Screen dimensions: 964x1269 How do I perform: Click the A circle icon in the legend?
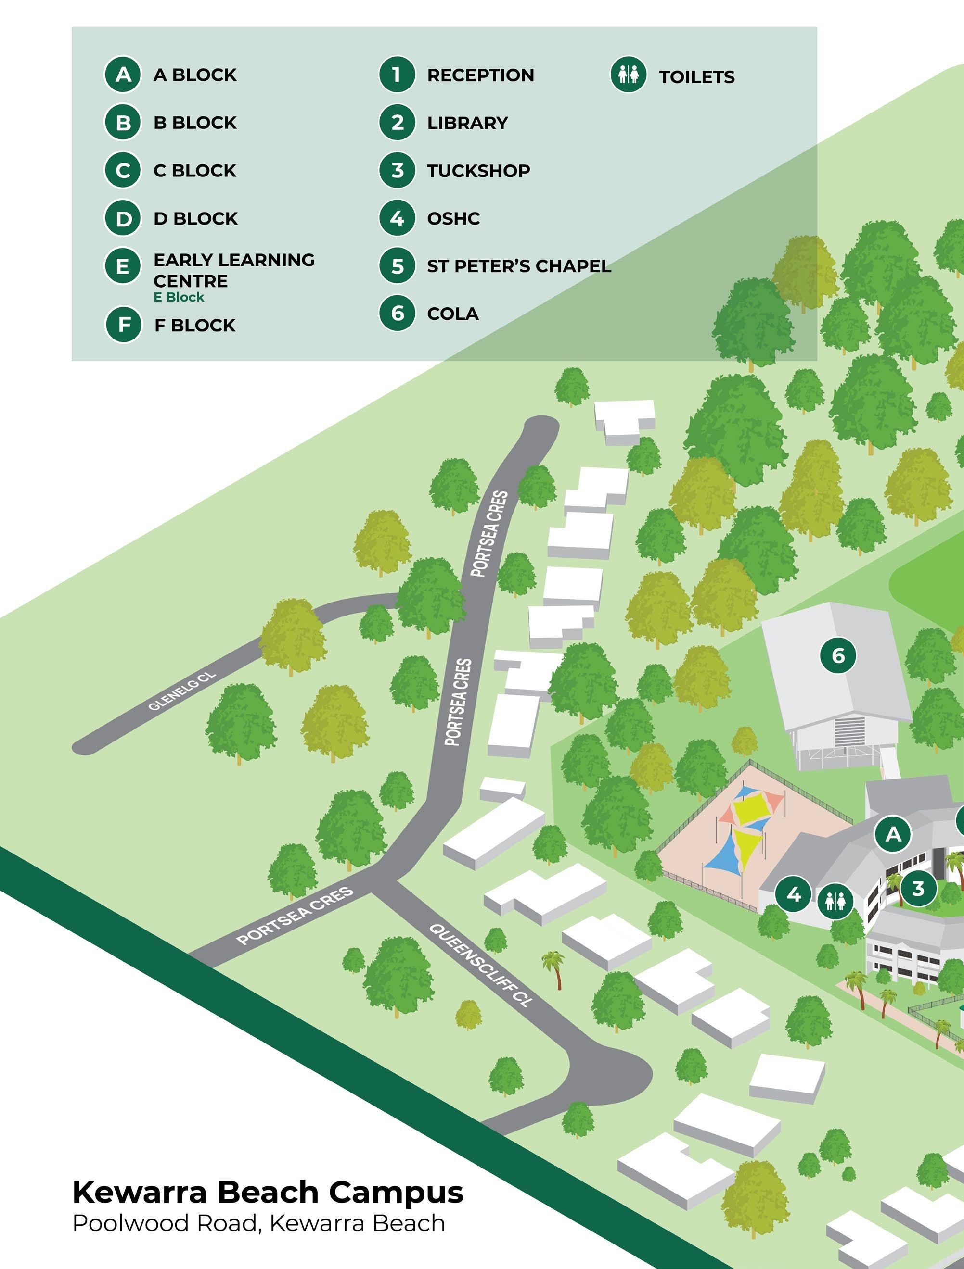pos(122,75)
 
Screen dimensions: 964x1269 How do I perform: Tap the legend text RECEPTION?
pos(480,75)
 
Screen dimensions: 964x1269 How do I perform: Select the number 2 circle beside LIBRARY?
pos(397,123)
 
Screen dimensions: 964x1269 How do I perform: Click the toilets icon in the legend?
pos(628,75)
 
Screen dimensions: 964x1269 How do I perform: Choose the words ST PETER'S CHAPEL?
pos(518,266)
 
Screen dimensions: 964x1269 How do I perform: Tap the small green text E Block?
pos(179,297)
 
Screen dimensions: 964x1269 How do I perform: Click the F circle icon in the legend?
pos(123,325)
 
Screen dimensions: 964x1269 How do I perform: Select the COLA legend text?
pos(452,314)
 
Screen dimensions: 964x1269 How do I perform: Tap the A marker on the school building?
pos(893,834)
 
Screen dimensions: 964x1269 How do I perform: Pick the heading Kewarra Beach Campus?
pos(268,1192)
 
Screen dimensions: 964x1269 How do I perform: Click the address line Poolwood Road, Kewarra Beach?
pos(258,1224)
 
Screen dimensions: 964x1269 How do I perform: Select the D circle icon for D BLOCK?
pos(122,219)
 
